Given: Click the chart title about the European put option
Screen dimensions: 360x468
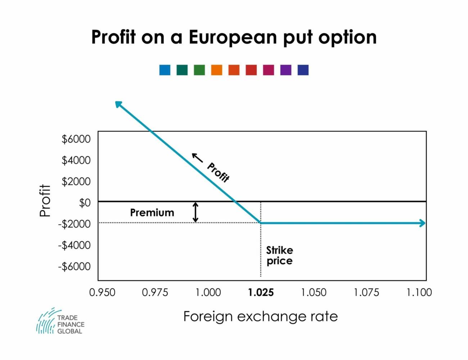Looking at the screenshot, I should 234,37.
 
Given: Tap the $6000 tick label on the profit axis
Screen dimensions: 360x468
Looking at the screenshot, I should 76,139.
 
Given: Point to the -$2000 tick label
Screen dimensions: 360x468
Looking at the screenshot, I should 75,224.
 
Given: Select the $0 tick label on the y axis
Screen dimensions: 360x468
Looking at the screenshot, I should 85,203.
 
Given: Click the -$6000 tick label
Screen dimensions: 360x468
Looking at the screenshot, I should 75,266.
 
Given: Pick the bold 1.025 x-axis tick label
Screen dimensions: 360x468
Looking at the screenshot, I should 261,292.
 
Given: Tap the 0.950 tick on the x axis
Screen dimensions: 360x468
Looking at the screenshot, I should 102,292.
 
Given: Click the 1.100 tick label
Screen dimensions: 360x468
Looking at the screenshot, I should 419,292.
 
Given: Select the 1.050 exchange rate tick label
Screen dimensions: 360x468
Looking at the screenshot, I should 314,292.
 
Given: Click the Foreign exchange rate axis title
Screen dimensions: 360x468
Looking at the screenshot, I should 261,316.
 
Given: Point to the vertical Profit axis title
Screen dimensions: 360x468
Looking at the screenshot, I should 45,201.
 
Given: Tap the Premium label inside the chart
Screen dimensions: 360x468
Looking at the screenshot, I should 152,213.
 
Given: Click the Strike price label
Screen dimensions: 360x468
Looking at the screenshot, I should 279,255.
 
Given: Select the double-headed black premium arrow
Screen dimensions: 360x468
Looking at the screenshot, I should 195,212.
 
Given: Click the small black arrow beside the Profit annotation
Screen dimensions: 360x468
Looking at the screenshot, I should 197,157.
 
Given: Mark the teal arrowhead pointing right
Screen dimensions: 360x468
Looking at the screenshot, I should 422,223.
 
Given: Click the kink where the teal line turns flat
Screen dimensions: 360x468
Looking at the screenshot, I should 261,223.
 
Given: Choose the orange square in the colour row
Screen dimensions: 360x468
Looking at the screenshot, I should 216,70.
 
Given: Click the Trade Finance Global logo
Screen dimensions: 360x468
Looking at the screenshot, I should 60,321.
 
